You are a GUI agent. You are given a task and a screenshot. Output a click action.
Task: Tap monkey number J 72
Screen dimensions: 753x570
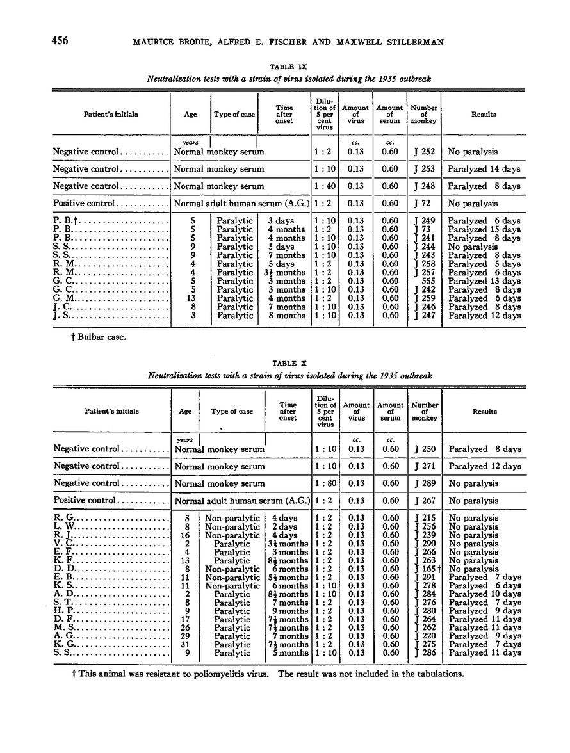coord(422,204)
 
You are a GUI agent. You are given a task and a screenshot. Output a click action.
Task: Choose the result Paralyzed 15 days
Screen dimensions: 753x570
coord(484,229)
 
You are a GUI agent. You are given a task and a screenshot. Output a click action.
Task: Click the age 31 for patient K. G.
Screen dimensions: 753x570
coord(185,645)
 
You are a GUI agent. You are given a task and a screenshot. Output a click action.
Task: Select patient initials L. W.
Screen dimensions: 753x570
coord(66,526)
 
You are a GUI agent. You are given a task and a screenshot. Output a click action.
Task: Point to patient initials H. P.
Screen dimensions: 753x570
coord(65,611)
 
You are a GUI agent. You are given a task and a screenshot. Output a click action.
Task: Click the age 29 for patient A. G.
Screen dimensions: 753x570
coord(185,636)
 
